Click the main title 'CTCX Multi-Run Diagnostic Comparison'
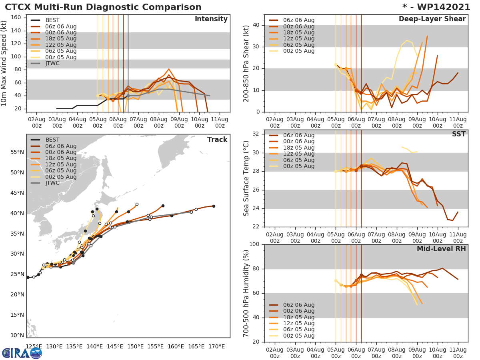[x=103, y=7]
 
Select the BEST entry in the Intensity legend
[x=52, y=20]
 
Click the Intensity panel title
[x=211, y=19]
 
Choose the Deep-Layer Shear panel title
[x=432, y=19]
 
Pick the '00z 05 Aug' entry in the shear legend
[x=299, y=51]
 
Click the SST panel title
[x=458, y=134]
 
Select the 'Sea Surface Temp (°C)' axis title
[x=246, y=178]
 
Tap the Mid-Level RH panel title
[x=441, y=249]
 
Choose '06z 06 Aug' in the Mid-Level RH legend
[x=299, y=305]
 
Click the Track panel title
[x=217, y=140]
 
